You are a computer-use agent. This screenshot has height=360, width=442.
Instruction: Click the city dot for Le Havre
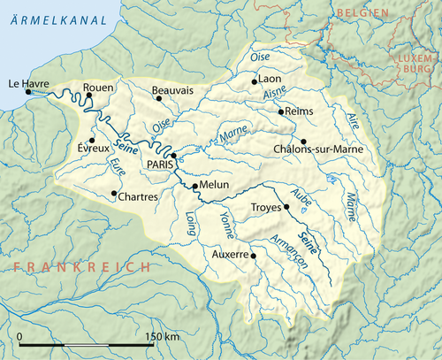[x=28, y=91]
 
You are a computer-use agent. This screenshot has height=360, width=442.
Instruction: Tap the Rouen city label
[x=98, y=88]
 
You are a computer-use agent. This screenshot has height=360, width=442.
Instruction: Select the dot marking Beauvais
[x=159, y=98]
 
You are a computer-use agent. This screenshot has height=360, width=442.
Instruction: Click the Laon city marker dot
[x=255, y=81]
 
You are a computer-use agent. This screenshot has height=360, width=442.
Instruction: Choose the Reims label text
[x=298, y=112]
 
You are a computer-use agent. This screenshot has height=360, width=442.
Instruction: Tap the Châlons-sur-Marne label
[x=318, y=149]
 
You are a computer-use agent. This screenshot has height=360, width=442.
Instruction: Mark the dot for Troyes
[x=286, y=207]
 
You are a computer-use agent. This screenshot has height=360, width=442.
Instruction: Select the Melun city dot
[x=194, y=186]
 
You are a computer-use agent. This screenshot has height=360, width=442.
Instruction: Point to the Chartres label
[x=138, y=195]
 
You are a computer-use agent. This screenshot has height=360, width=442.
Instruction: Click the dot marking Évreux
[x=92, y=139]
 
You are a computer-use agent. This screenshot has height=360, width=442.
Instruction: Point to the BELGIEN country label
[x=362, y=13]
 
